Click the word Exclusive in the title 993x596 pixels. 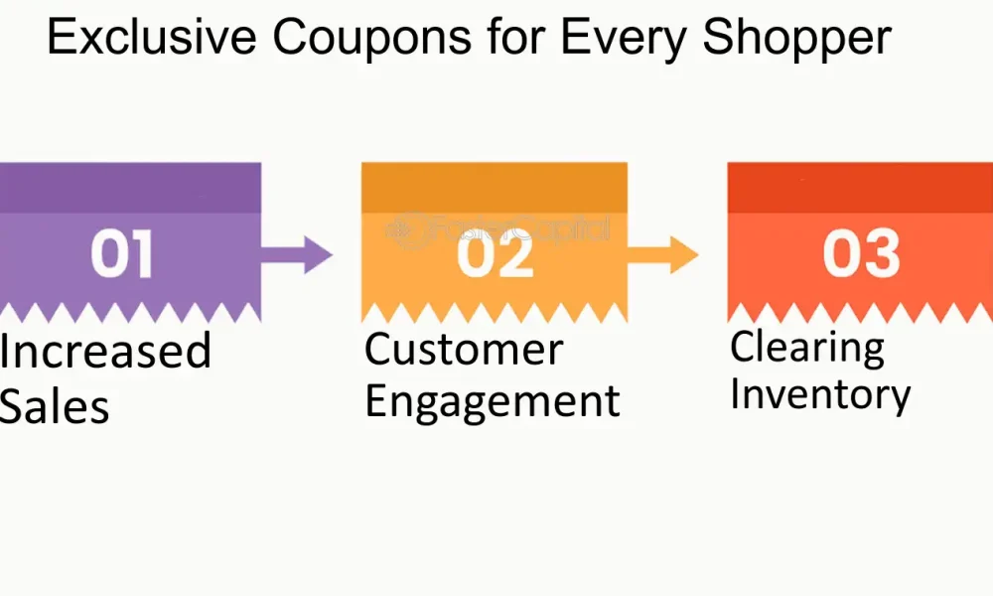click(151, 37)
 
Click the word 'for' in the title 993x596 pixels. click(516, 37)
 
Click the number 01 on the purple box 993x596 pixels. click(121, 254)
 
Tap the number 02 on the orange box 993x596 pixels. click(496, 254)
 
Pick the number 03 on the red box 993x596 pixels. click(861, 254)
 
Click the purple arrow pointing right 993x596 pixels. click(296, 254)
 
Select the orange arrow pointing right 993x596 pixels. click(662, 254)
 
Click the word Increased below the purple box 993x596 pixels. click(105, 351)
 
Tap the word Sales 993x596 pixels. click(55, 406)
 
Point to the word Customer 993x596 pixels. click(464, 349)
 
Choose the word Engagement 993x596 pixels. click(493, 402)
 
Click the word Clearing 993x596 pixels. click(807, 348)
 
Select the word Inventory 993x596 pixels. click(820, 394)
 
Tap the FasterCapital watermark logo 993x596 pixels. click(497, 229)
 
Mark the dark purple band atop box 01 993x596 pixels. click(130, 188)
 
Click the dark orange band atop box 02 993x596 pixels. click(495, 188)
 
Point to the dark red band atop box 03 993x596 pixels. click(860, 188)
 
